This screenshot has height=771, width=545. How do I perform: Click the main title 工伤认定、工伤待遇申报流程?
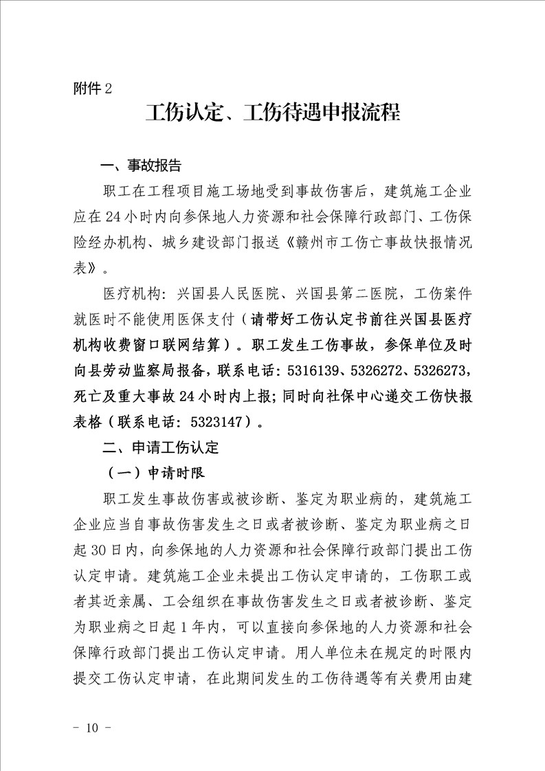tap(272, 112)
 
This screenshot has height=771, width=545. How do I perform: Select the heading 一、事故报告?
tap(141, 166)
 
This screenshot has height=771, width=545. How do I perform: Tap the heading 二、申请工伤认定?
tap(159, 447)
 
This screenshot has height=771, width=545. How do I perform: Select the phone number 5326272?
tap(383, 370)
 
